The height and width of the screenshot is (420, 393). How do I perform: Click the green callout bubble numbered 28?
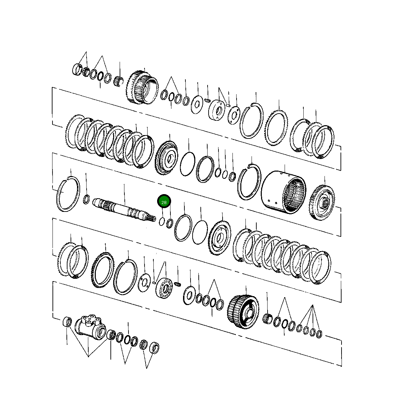coord(164,202)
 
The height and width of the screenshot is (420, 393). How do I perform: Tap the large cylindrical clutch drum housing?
coord(283,193)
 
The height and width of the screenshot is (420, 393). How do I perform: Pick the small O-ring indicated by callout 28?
coord(163,222)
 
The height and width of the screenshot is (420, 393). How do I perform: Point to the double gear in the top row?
coord(142,87)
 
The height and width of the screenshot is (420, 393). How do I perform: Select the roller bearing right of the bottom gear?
coord(268,318)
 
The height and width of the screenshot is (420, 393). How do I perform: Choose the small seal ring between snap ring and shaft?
coord(87,199)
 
